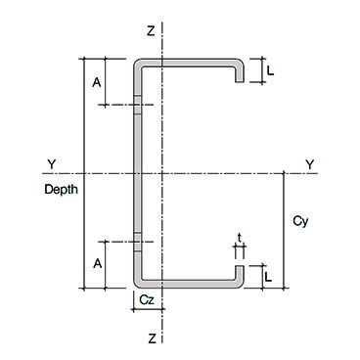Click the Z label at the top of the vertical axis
click(151, 31)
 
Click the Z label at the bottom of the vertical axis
click(152, 338)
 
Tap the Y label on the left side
click(52, 164)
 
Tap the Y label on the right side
click(310, 164)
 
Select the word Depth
click(62, 190)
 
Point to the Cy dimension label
click(300, 221)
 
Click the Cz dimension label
click(147, 299)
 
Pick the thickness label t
click(240, 238)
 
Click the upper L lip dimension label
click(270, 70)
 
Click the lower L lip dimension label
click(268, 277)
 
